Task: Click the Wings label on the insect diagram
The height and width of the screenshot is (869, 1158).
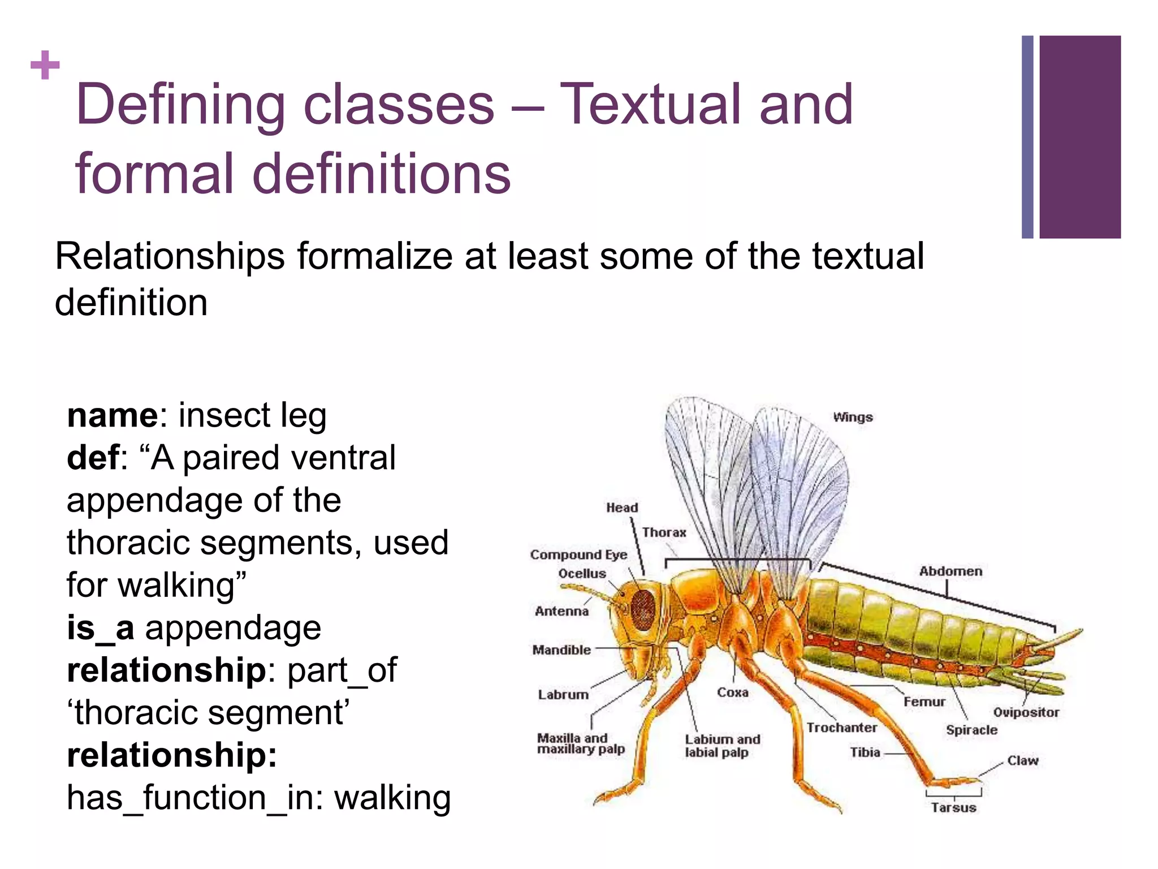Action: pos(853,418)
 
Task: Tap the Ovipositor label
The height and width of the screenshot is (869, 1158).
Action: pos(1026,712)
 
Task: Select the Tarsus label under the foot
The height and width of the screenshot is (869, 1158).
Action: pos(953,807)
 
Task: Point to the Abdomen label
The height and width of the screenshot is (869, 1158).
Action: pos(950,571)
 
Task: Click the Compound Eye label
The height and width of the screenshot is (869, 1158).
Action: pos(578,554)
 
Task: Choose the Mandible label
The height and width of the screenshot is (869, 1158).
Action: pos(561,650)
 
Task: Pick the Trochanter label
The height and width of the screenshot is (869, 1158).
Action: pos(841,728)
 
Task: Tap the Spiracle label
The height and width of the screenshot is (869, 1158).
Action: pos(971,730)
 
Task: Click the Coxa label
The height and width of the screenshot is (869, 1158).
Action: pos(732,692)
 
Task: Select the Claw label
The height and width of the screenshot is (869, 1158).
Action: pos(1023,760)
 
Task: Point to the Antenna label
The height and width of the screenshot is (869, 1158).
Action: pos(561,611)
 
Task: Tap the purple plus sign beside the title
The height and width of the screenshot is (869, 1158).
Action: pos(45,66)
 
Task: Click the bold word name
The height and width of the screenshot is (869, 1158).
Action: pos(113,416)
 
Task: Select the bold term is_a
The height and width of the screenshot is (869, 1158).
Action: pos(101,629)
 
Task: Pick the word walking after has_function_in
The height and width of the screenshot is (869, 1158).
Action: pos(392,798)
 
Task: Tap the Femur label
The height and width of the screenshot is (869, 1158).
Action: pos(924,702)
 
